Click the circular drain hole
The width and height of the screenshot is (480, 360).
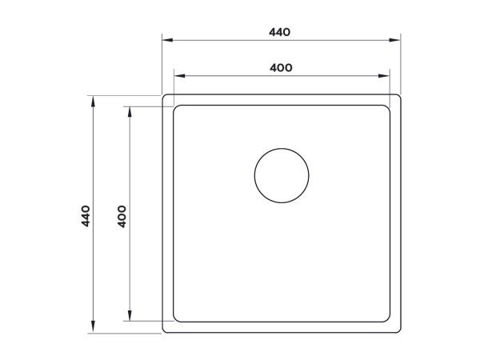click(282, 175)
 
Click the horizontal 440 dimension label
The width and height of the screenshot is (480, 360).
click(279, 33)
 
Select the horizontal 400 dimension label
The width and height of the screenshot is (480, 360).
click(279, 67)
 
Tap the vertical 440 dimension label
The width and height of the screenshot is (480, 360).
click(86, 215)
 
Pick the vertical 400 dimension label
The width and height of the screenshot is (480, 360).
click(122, 215)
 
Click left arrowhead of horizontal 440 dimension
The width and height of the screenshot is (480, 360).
click(166, 40)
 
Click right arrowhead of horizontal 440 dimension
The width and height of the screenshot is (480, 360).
click(396, 40)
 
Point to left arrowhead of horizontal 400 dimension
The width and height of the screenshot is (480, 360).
click(178, 75)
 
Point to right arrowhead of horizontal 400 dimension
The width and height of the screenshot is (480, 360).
click(386, 75)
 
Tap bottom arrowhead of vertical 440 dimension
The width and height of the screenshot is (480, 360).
click(93, 329)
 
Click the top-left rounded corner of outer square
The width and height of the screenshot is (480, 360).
click(166, 98)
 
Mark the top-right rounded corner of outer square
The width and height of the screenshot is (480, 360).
click(398, 98)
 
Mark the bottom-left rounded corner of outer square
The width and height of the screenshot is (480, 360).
click(166, 330)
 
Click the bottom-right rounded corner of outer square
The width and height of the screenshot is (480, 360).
click(398, 330)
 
